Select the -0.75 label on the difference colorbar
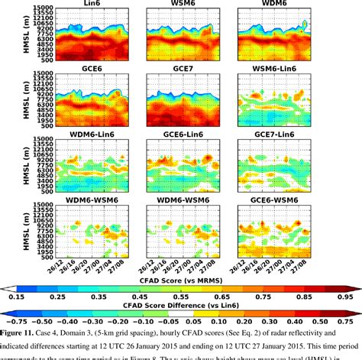click(x=14, y=322)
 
